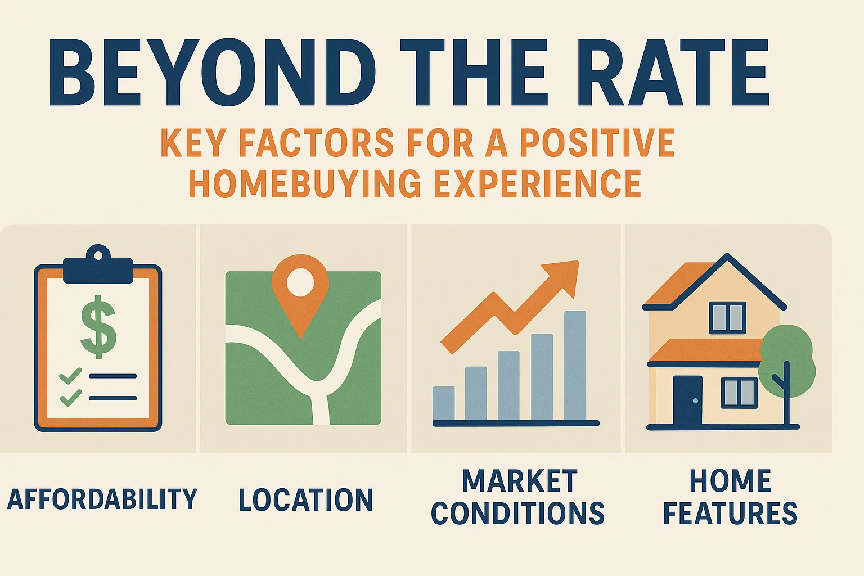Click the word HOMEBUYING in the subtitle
tap(304, 183)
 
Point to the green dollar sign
tap(98, 326)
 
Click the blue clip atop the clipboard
tap(98, 268)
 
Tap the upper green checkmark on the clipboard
tap(70, 376)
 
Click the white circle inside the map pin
tap(300, 282)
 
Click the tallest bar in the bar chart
tap(575, 366)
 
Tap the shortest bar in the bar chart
tap(443, 403)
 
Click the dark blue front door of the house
tap(687, 400)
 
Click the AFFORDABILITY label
tap(102, 499)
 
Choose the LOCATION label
tap(305, 500)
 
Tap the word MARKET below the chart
tap(519, 481)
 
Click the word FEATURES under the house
tap(730, 514)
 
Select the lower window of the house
tap(739, 393)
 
